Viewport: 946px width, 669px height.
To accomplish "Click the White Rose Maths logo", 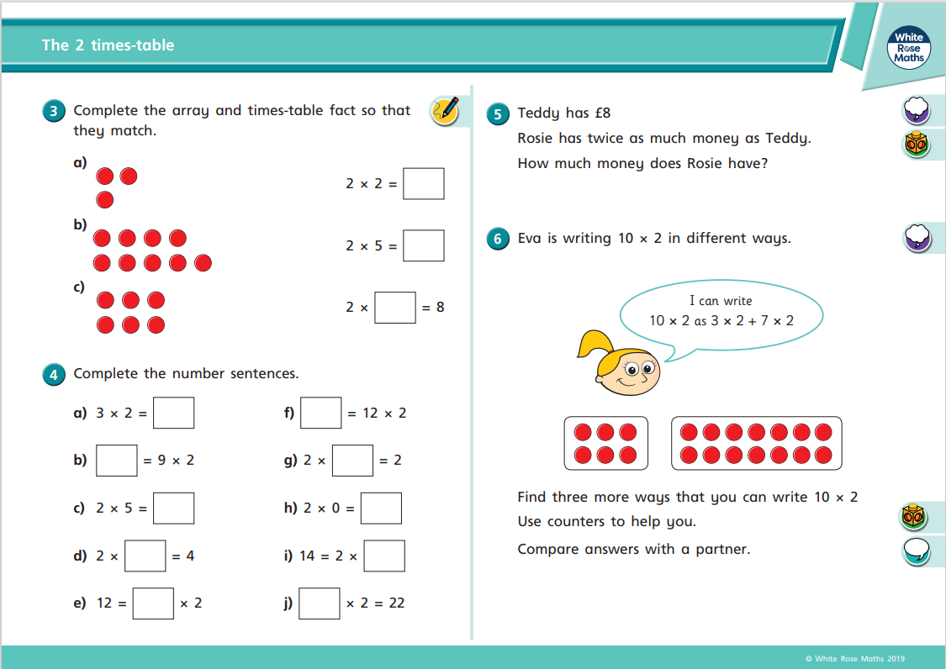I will tap(909, 48).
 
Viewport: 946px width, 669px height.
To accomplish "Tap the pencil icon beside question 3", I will tap(445, 110).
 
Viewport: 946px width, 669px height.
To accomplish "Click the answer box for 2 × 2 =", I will tap(423, 183).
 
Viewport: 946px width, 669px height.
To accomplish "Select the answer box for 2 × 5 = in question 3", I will tap(423, 245).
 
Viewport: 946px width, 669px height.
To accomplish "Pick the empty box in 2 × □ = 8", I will tap(395, 307).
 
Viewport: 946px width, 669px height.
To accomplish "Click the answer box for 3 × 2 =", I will tap(174, 413).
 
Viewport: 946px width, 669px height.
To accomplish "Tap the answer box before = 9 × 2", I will tap(117, 460).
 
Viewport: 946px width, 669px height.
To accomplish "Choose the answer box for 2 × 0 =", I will tap(381, 508).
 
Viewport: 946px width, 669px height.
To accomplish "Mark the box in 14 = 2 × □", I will tap(384, 556).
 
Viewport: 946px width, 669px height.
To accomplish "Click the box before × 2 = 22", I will tap(320, 603).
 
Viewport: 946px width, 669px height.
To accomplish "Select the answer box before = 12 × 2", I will tap(321, 413).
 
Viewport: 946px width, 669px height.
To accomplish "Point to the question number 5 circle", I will tap(498, 114).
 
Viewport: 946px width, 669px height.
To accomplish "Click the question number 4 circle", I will tap(54, 375).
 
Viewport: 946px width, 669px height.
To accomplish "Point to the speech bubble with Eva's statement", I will tap(721, 311).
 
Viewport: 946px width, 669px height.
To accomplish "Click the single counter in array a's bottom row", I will tap(105, 199).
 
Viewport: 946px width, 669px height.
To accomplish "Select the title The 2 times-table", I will tap(108, 45).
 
